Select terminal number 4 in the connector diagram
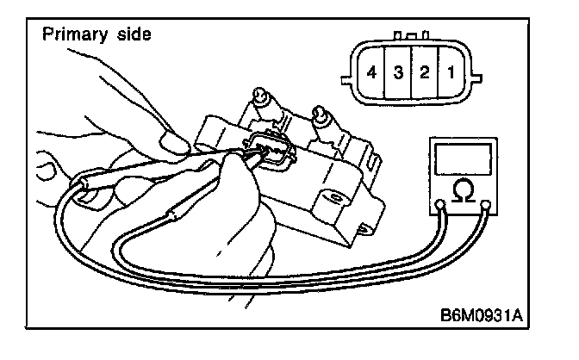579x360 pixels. tap(371, 72)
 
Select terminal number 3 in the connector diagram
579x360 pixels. tap(399, 72)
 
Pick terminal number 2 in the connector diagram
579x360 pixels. tap(424, 72)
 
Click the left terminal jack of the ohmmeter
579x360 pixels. tap(441, 206)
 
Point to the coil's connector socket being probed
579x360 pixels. tap(271, 152)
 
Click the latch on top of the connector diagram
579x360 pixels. tap(411, 37)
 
